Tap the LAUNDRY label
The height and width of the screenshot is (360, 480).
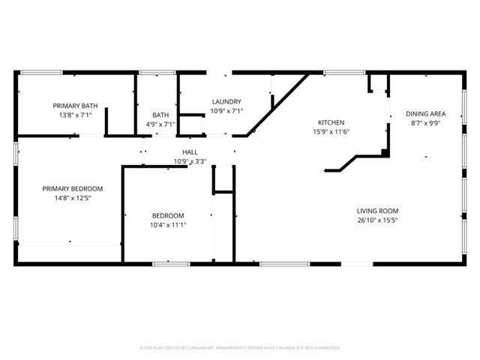(x=226, y=101)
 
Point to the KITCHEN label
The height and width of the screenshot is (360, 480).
(x=331, y=122)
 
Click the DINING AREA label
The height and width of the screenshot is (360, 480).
(x=425, y=114)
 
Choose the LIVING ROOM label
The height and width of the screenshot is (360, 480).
(x=377, y=211)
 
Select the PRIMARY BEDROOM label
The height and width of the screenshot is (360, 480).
(x=72, y=188)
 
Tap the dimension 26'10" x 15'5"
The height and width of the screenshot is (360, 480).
(x=377, y=220)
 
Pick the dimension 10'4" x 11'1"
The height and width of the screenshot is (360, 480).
(x=168, y=225)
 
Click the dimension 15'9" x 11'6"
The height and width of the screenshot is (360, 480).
(x=331, y=132)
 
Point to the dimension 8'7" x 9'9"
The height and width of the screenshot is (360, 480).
(x=425, y=124)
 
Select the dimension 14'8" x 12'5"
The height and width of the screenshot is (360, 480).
(x=72, y=198)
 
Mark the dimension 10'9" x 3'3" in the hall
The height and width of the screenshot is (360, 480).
(x=190, y=161)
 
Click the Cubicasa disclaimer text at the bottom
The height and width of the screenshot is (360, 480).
(x=240, y=348)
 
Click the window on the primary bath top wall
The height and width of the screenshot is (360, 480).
(x=41, y=72)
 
